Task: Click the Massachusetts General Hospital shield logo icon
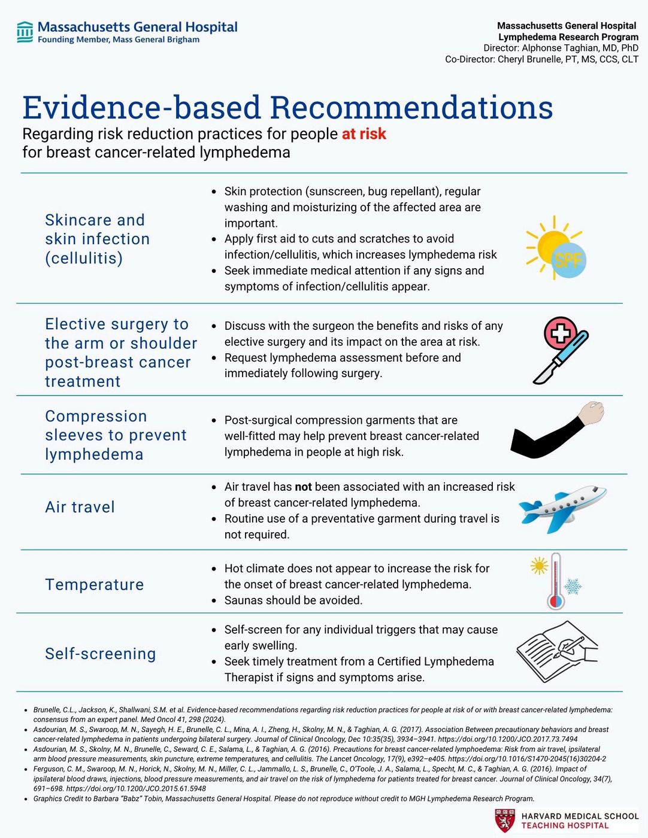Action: pyautogui.click(x=25, y=32)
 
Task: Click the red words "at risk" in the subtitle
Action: pyautogui.click(x=364, y=133)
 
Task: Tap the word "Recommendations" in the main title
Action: pyautogui.click(x=411, y=108)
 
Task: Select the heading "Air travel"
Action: pyautogui.click(x=80, y=507)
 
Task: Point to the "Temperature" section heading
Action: pyautogui.click(x=95, y=584)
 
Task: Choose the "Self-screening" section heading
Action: pyautogui.click(x=101, y=654)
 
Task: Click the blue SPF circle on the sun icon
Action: pyautogui.click(x=568, y=260)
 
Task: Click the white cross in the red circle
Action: pyautogui.click(x=561, y=333)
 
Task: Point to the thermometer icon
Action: pyautogui.click(x=556, y=582)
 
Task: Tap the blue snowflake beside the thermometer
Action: pyautogui.click(x=573, y=587)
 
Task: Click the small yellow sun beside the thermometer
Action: pyautogui.click(x=539, y=566)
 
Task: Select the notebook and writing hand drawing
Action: pyautogui.click(x=556, y=651)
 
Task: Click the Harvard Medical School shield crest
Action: pyautogui.click(x=504, y=821)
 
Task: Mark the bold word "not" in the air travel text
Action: pyautogui.click(x=303, y=487)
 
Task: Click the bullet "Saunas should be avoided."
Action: pyautogui.click(x=293, y=600)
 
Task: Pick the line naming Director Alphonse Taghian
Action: pyautogui.click(x=561, y=48)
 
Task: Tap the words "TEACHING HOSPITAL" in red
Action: pyautogui.click(x=565, y=825)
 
